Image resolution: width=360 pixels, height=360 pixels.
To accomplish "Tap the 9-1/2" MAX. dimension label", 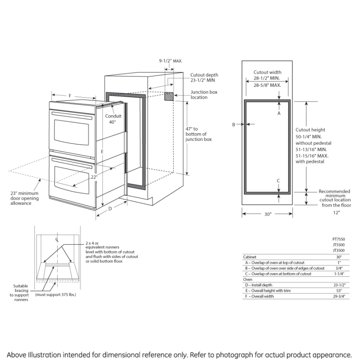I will [171, 60].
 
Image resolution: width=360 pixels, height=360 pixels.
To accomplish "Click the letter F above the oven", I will [70, 96].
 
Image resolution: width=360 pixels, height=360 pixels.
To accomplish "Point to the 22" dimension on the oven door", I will [94, 177].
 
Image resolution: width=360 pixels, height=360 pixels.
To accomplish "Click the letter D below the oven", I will [110, 209].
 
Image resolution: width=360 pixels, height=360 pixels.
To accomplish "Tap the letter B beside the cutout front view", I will [234, 125].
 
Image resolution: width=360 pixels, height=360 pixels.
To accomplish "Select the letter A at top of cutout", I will [279, 114].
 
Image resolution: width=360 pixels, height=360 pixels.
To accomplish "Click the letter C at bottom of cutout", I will [279, 181].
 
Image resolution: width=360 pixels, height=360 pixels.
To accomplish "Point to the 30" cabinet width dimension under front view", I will [268, 215].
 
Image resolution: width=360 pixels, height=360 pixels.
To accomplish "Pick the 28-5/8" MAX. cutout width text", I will [267, 85].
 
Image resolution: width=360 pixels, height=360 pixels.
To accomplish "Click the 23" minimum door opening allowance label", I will [24, 198].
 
